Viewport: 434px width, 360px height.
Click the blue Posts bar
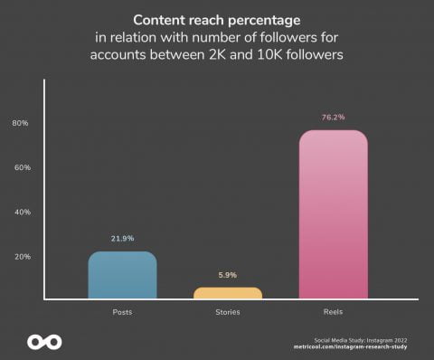point(122,275)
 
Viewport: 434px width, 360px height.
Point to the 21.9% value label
point(122,238)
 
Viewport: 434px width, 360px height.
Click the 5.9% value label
point(228,275)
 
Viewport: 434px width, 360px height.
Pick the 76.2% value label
point(333,117)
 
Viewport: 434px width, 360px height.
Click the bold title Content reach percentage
point(218,20)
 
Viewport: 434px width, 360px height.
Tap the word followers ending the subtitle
point(313,54)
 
